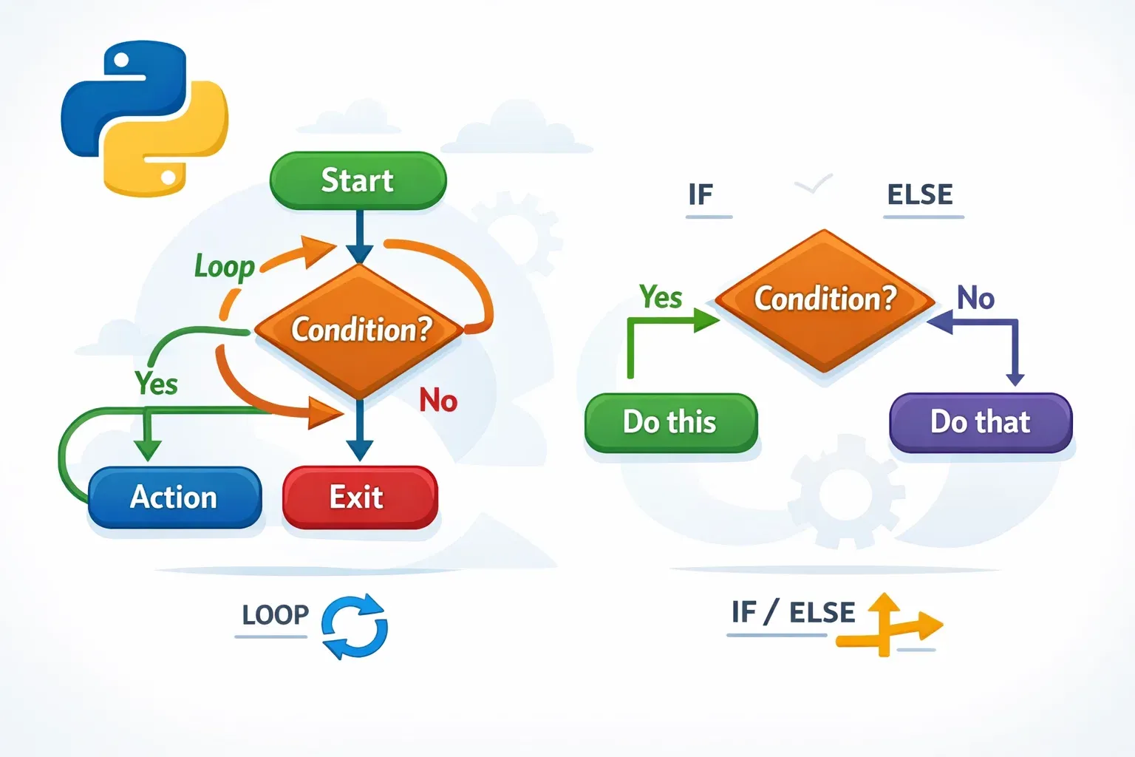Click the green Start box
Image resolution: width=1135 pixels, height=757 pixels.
(358, 181)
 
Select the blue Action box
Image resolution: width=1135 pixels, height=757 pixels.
(174, 497)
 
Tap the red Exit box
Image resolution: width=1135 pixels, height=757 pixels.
(360, 497)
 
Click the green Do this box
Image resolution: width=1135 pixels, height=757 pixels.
(670, 422)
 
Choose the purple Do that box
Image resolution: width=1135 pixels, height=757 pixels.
(980, 422)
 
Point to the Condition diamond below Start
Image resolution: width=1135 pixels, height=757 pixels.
(360, 330)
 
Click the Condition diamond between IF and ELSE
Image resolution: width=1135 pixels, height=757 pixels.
(825, 299)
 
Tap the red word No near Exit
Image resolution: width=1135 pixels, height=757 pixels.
(438, 401)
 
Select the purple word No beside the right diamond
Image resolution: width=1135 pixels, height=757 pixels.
(975, 299)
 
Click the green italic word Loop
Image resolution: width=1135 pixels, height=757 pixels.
(224, 267)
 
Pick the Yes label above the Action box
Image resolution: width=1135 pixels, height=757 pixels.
(157, 384)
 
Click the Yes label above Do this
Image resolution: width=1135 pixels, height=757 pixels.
(661, 297)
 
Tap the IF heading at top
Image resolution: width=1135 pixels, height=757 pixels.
(701, 195)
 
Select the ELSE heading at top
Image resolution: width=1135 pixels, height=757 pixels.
(920, 195)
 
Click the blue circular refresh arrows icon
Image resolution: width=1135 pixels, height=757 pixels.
(355, 627)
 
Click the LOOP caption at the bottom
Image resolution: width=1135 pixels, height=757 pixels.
(275, 615)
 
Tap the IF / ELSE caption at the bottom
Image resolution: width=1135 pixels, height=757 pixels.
(793, 613)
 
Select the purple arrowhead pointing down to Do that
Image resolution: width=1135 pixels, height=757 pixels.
(1015, 379)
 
